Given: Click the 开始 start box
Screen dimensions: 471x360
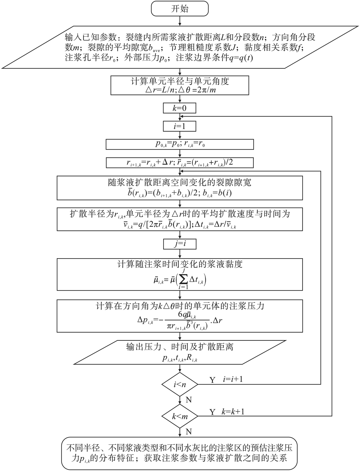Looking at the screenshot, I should click(x=180, y=9).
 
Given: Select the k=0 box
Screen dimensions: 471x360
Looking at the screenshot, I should click(x=180, y=108).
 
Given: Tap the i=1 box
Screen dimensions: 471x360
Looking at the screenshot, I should click(x=180, y=126).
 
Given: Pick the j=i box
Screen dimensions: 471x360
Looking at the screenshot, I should click(x=180, y=244).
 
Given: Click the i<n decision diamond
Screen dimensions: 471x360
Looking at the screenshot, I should click(x=180, y=384).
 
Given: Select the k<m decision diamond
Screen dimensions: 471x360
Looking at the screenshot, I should click(x=180, y=416).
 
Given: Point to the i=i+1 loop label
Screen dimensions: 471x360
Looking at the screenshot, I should click(x=233, y=379).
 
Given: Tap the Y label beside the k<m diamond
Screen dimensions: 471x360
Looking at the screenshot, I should click(x=212, y=412).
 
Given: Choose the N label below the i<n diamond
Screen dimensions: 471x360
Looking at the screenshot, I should click(x=189, y=400).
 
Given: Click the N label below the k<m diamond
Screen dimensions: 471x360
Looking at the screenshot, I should click(x=189, y=431).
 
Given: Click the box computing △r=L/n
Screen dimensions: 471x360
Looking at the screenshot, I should click(x=180, y=85).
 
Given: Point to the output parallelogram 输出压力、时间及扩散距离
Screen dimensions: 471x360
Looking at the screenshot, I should click(x=180, y=352).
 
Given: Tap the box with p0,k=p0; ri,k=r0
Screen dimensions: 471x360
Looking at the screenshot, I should click(x=180, y=144).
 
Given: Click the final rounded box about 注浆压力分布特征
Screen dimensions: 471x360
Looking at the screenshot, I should click(x=180, y=453).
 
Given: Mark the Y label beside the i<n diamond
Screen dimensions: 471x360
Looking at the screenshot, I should click(x=212, y=380).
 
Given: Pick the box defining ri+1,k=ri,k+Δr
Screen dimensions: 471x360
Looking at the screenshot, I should click(x=180, y=163).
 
